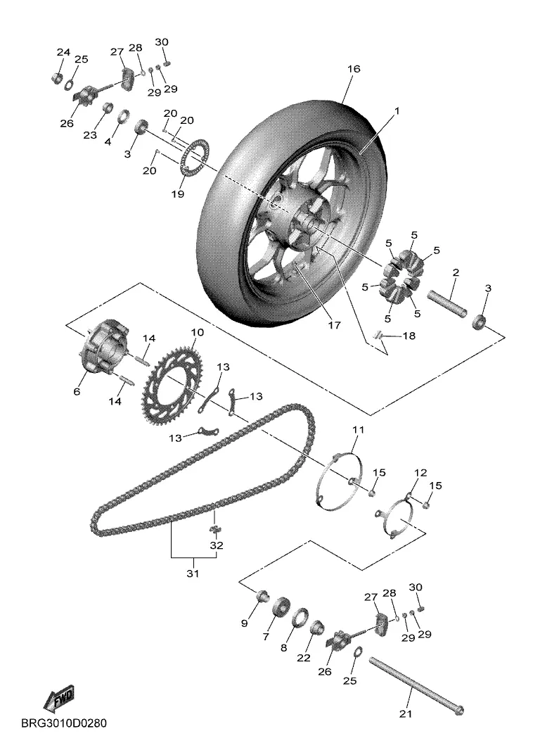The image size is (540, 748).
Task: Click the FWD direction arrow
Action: click(x=59, y=697)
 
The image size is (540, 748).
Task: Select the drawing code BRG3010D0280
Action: click(x=64, y=723)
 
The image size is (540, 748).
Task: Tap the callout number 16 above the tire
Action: click(x=354, y=69)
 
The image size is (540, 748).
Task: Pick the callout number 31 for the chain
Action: click(x=193, y=573)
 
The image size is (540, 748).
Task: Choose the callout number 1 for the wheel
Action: click(x=396, y=110)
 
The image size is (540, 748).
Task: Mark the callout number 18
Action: click(x=409, y=336)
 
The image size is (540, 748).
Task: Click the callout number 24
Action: click(x=63, y=52)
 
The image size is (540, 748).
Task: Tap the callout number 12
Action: click(x=420, y=473)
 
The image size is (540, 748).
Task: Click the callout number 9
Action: click(x=245, y=623)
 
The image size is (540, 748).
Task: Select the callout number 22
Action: click(x=304, y=657)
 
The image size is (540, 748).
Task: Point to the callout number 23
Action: click(x=90, y=135)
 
